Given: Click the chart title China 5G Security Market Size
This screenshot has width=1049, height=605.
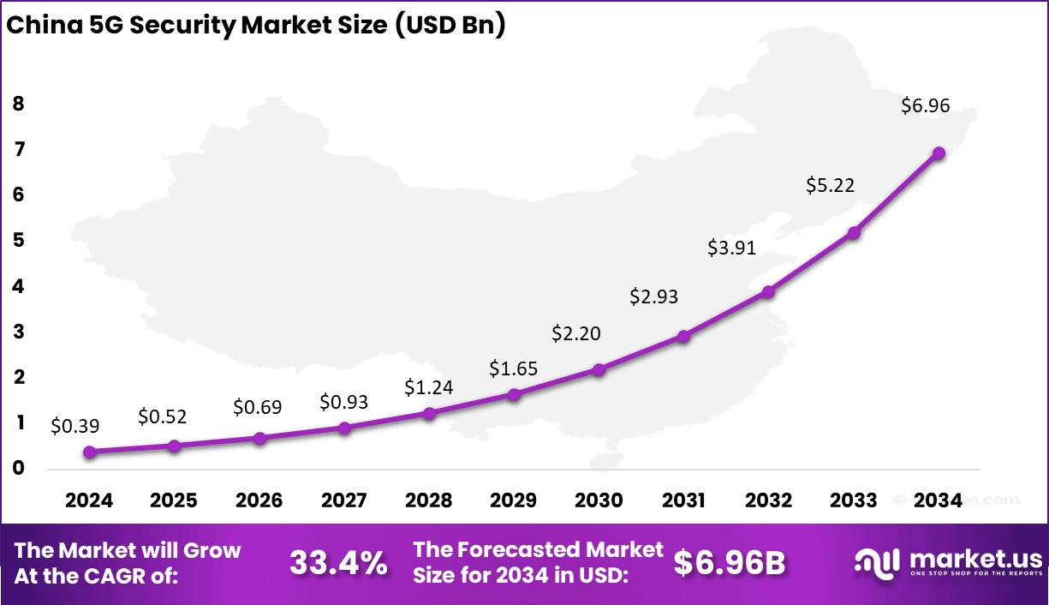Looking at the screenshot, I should coord(255,25).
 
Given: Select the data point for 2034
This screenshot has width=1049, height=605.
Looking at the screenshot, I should coord(939,153).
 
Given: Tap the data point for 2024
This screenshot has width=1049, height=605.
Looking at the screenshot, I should coord(89,452).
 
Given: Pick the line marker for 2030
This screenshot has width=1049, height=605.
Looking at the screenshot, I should coord(599,369).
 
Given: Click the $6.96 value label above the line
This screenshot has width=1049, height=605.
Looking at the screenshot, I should coord(925,107).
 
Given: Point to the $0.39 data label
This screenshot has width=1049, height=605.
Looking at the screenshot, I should coord(75,424).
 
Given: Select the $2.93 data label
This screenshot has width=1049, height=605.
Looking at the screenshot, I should coord(653,297).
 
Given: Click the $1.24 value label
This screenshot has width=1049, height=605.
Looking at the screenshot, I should coord(428,387).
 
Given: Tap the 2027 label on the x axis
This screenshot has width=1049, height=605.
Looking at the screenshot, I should coord(343,500).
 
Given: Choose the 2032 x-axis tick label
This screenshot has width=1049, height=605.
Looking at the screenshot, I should coord(768,500).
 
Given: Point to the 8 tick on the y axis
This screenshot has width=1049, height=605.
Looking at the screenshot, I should coord(18,104).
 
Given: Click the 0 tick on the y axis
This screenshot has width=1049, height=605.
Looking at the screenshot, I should coord(18,469).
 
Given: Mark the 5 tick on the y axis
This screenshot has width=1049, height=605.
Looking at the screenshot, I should coord(18,241).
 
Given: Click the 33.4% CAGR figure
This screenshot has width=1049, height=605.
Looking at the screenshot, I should coord(337,563).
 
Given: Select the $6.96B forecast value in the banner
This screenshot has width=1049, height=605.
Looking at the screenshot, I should coord(729,563).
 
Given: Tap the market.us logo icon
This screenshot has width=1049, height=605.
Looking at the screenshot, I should coord(878,562).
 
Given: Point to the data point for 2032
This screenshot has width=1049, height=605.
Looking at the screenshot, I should coord(768,291).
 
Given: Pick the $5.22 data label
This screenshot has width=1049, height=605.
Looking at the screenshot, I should coord(831,185).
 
